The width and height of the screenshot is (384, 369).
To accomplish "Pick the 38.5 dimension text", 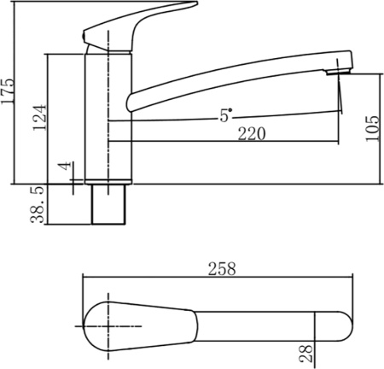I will [x=38, y=205].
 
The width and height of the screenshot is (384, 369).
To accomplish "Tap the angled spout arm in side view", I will [x=230, y=81].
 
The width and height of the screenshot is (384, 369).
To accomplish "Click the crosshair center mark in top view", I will [x=108, y=326].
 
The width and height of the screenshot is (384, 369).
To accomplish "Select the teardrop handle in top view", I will [x=137, y=326].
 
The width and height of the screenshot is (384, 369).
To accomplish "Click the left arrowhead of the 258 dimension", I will [x=84, y=277].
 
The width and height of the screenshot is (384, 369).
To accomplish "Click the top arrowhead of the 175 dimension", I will [x=17, y=4].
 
